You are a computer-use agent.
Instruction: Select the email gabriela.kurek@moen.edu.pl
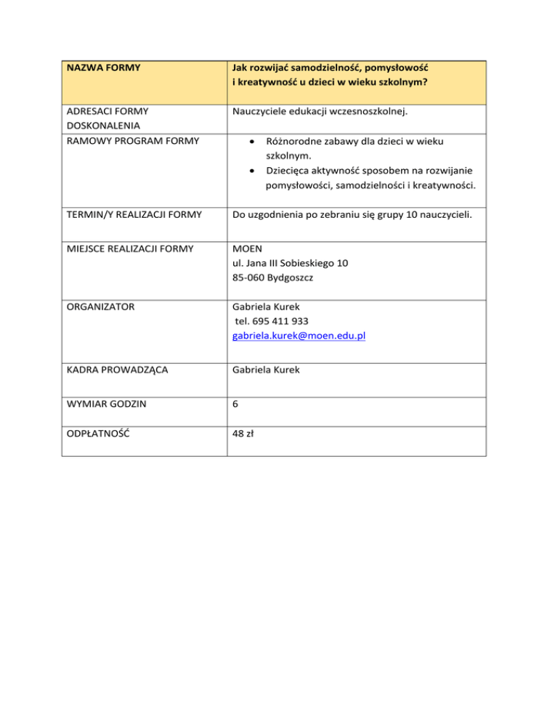point(299,336)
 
